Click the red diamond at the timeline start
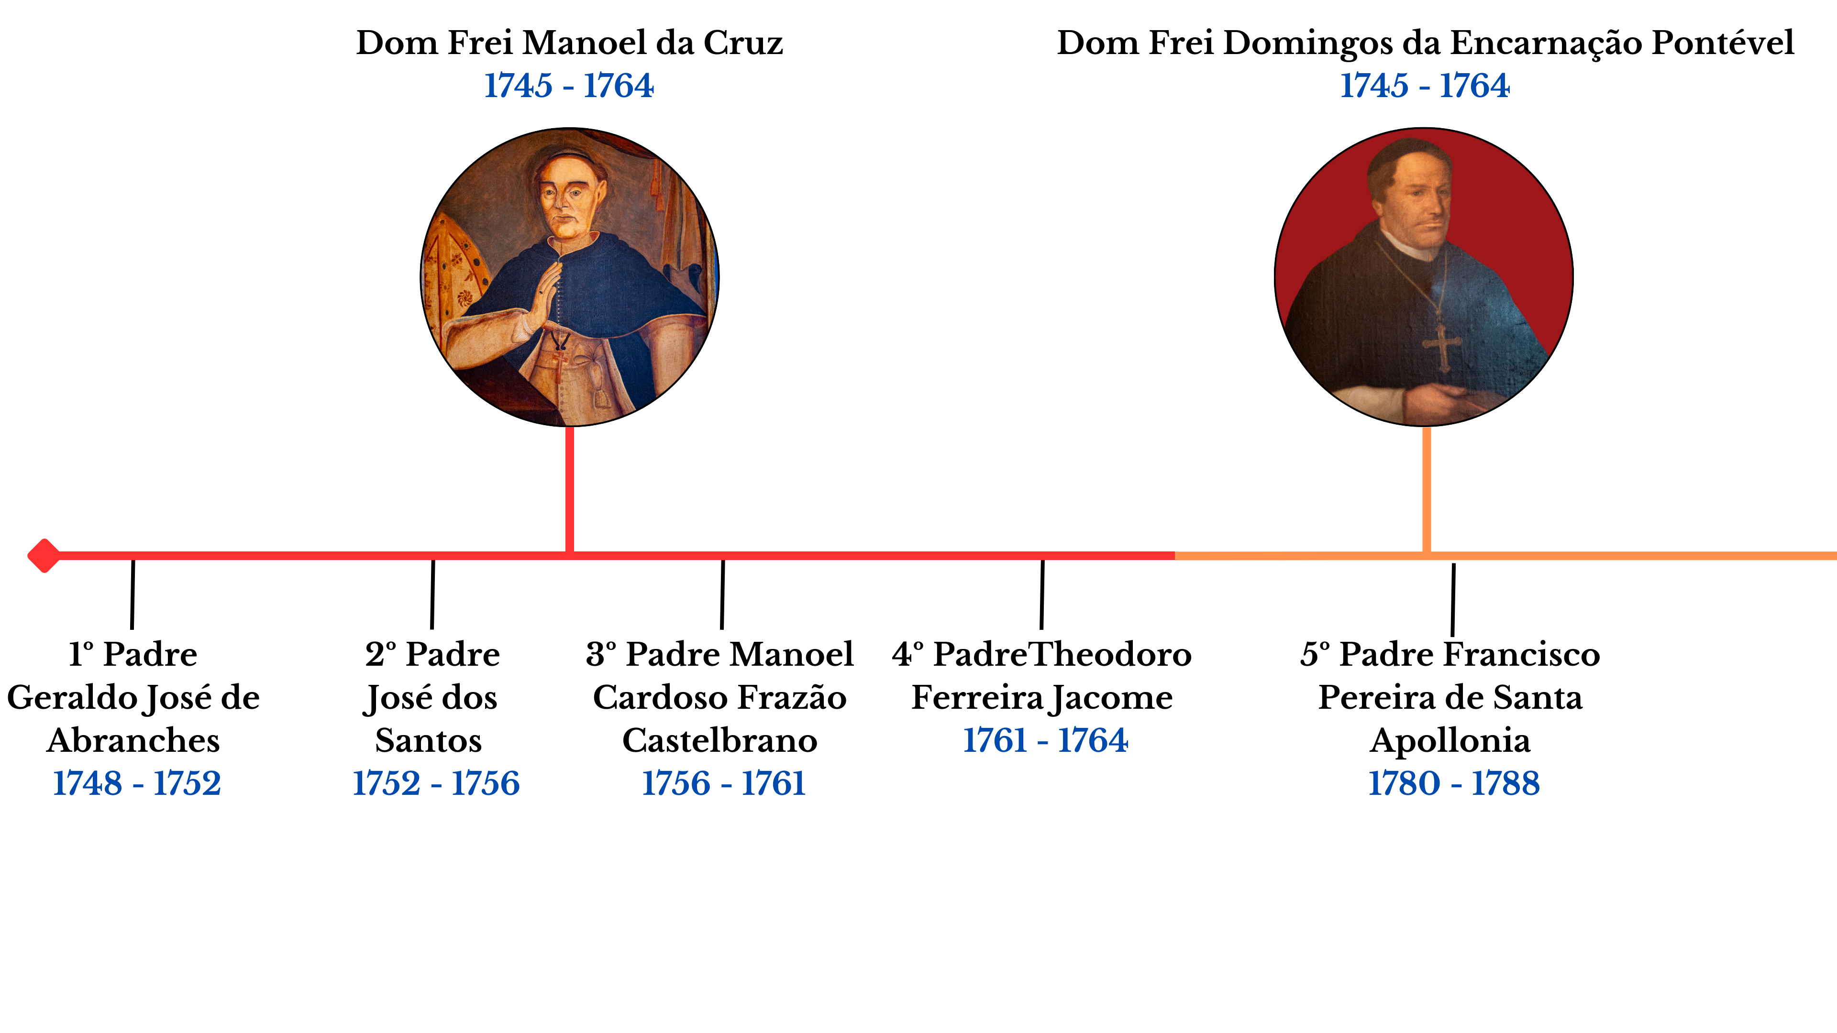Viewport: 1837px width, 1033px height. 44,555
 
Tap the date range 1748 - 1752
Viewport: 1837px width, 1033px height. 137,783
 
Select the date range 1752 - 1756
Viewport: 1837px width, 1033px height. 436,783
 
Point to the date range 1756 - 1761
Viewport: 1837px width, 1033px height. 723,783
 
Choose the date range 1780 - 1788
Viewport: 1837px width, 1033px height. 1453,783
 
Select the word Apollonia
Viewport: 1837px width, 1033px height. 1450,741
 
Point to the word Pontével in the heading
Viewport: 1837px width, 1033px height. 1722,43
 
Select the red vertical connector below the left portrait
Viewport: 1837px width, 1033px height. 570,489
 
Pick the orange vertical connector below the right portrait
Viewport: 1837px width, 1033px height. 1426,489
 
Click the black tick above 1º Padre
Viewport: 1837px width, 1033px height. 133,594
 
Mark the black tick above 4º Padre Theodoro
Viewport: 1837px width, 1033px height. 1042,594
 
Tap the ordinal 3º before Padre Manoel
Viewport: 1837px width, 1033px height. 602,654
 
